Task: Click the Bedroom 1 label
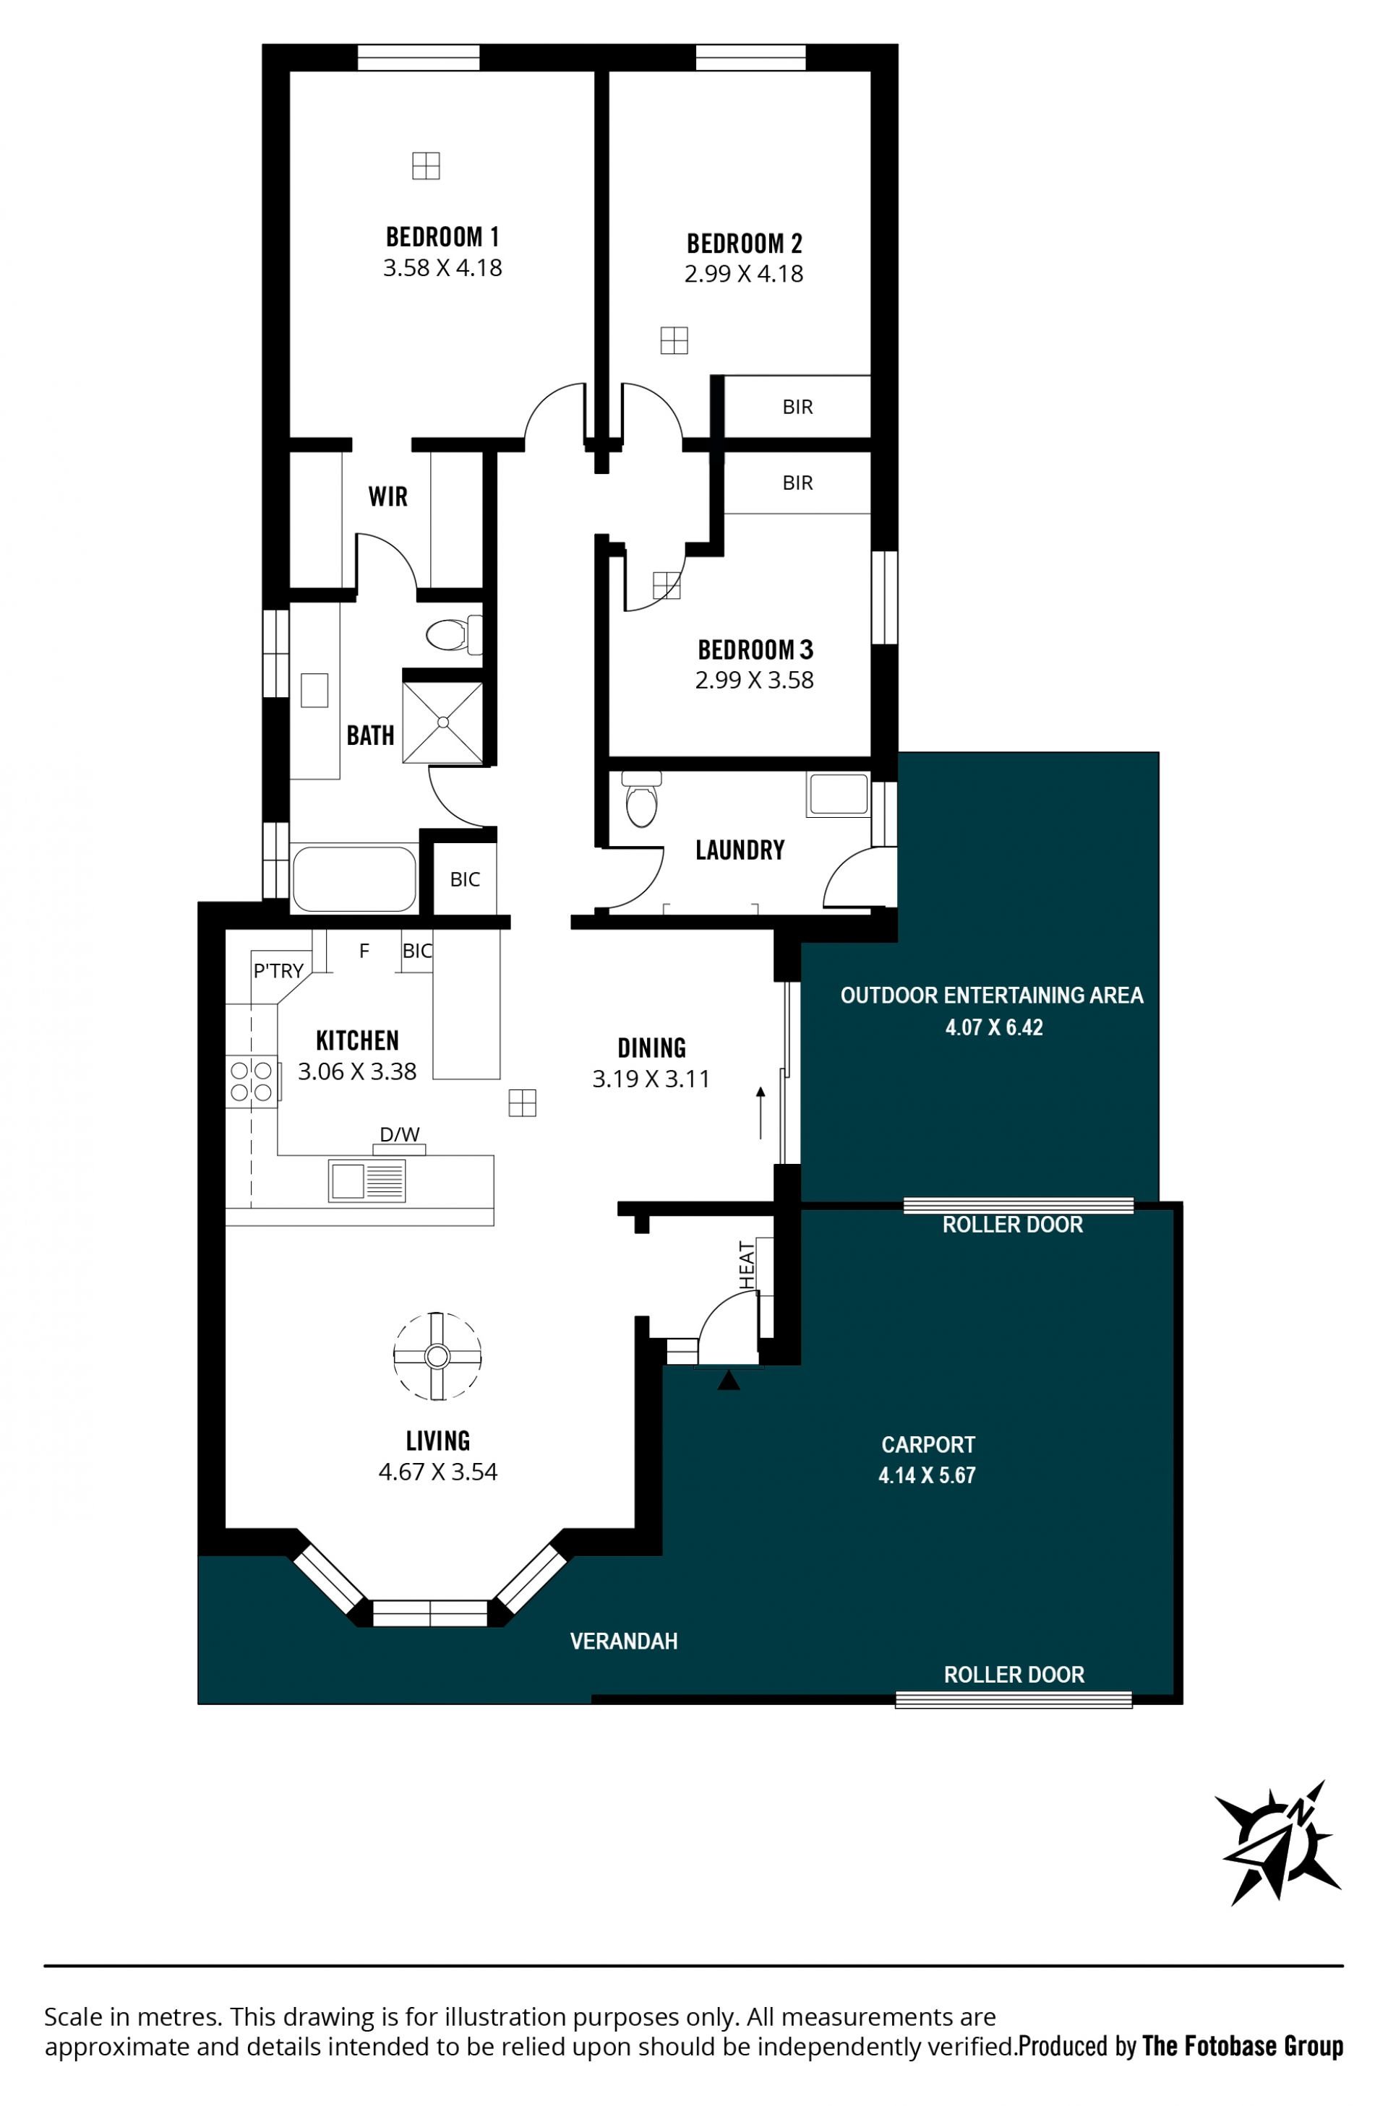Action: [442, 236]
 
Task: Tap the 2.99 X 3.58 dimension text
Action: [754, 680]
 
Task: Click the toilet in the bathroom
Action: [454, 634]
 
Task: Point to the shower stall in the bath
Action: [442, 722]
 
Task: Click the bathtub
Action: [354, 879]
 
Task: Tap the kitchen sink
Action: [367, 1181]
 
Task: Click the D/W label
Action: [399, 1134]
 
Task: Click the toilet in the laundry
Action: [641, 799]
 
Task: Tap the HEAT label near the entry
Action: [747, 1265]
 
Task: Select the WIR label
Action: [387, 496]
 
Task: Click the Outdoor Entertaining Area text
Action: [991, 996]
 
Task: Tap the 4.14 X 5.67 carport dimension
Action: [927, 1475]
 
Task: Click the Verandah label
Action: [623, 1641]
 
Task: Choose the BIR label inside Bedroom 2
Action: [797, 407]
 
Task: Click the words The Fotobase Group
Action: [1243, 2046]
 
